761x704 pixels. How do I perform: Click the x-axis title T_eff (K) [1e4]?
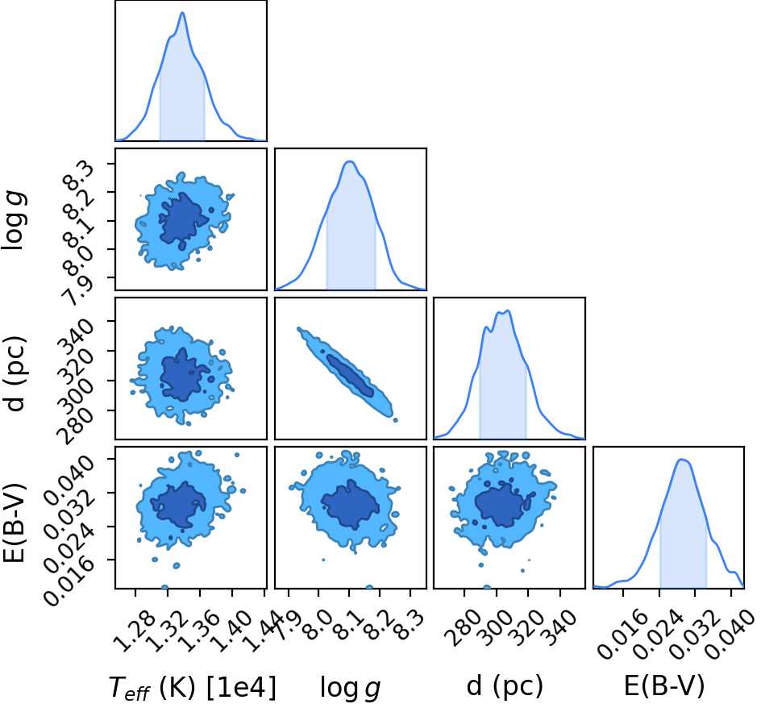193,688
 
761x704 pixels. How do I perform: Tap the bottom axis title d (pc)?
505,686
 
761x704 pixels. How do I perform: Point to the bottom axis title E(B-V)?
663,686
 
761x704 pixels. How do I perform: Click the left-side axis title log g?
14,220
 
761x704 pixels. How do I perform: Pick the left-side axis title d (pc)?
15,373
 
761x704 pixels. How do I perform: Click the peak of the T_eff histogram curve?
182,13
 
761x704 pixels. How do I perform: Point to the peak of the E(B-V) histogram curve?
681,460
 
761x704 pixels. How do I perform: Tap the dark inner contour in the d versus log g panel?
349,375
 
